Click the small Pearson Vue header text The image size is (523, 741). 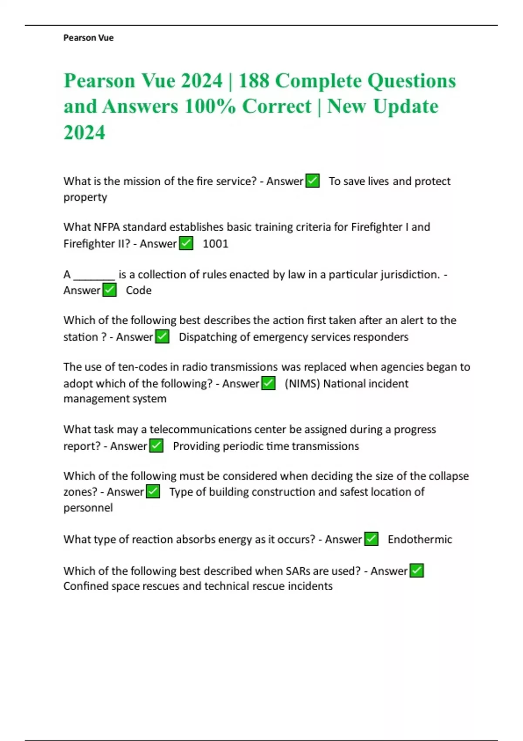coord(88,38)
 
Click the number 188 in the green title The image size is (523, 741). coord(254,81)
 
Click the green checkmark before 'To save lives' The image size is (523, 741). coord(312,180)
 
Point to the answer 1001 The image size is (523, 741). coord(215,243)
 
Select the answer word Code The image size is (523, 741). coord(139,290)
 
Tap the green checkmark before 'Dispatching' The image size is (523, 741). coord(162,337)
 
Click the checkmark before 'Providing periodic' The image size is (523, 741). coord(156,446)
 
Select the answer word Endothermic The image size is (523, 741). coord(420,539)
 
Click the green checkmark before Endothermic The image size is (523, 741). coord(371,539)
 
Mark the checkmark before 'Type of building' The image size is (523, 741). coord(153,492)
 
